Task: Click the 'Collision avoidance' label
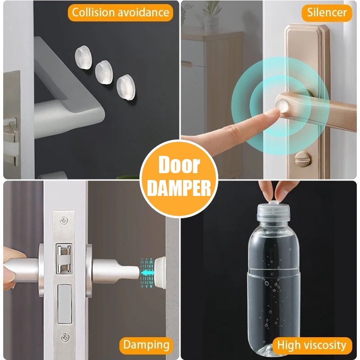click(x=121, y=12)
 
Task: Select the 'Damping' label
click(x=146, y=345)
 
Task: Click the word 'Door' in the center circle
click(x=179, y=165)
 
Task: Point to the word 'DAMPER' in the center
click(x=179, y=188)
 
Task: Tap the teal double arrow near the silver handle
click(x=147, y=273)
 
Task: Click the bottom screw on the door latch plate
click(x=66, y=338)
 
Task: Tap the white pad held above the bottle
click(x=275, y=200)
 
